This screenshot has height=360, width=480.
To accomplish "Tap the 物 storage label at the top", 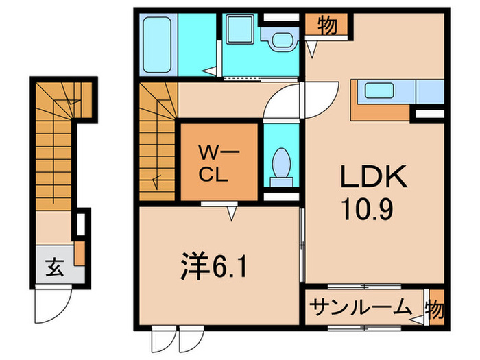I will click(x=327, y=26).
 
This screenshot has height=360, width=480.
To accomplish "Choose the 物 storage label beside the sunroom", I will click(x=435, y=307).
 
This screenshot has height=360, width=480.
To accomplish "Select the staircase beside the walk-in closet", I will click(x=157, y=141).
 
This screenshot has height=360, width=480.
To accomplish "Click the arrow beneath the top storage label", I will click(x=312, y=49).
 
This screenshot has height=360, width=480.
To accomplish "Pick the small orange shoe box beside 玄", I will click(x=80, y=253).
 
